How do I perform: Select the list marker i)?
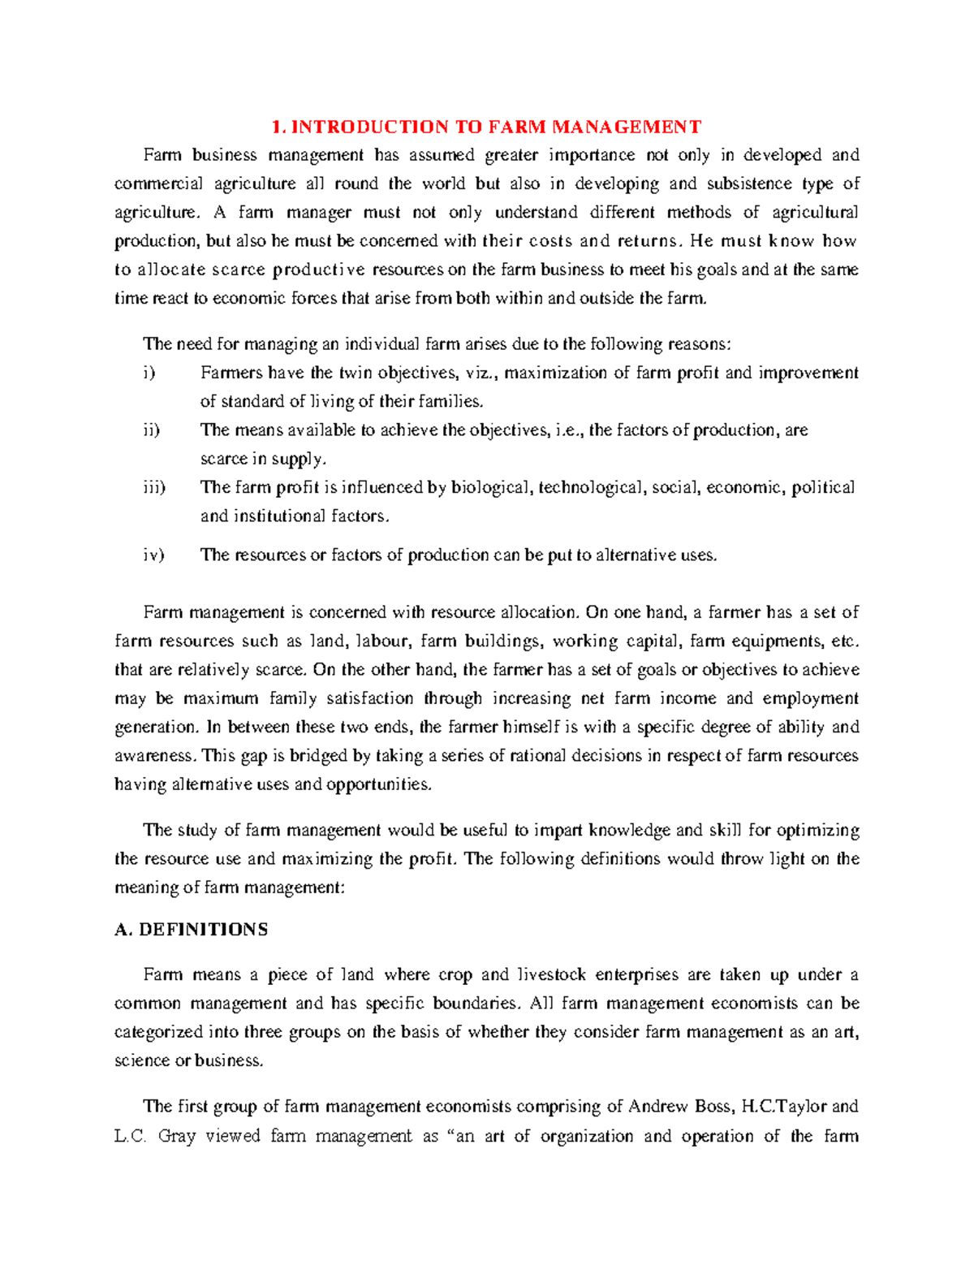coord(147,374)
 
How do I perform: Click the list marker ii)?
coord(151,430)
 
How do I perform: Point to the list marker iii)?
coord(153,488)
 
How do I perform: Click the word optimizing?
coord(817,831)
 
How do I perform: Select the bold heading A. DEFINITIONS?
coord(191,930)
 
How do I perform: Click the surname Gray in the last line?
coord(176,1136)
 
